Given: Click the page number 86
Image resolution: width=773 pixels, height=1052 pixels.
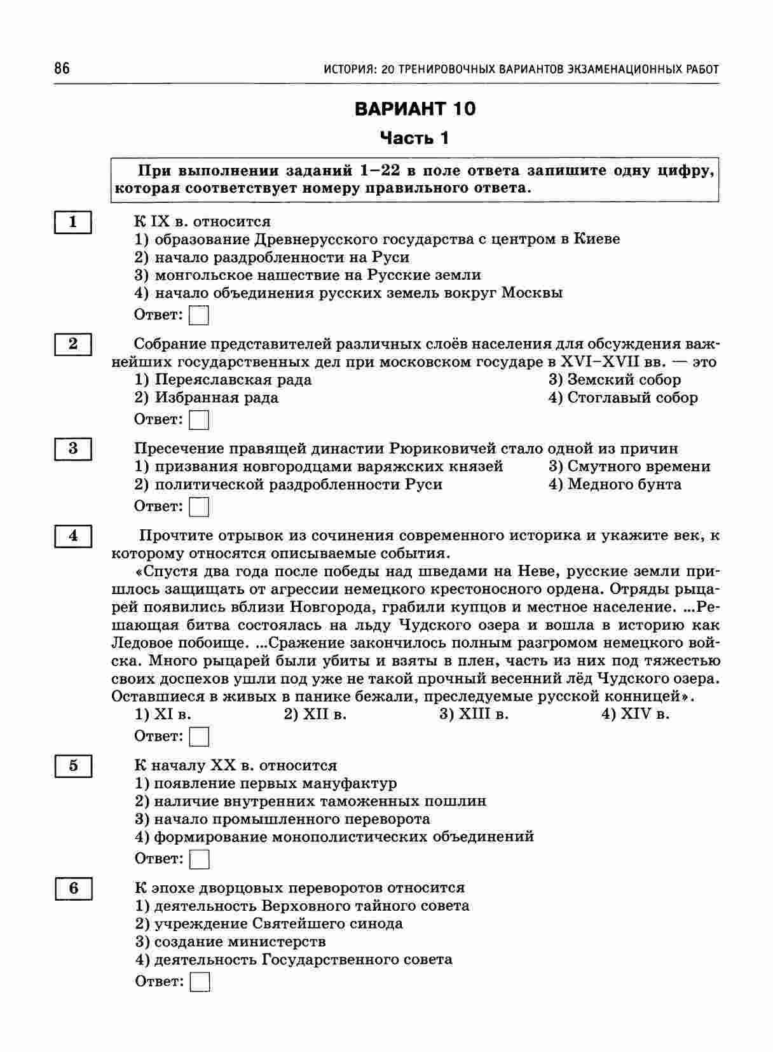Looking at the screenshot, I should [x=62, y=68].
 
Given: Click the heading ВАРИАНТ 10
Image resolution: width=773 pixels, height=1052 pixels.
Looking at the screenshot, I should [x=414, y=109].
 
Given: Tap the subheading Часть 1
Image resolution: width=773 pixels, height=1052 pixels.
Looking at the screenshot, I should [x=414, y=138].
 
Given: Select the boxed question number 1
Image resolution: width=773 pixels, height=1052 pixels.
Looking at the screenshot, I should [x=73, y=222].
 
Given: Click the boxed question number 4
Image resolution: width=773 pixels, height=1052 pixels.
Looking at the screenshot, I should [x=73, y=536].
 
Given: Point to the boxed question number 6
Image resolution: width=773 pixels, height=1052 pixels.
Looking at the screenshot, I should [x=73, y=888].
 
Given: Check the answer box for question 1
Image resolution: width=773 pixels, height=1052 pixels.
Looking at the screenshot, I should [x=200, y=315].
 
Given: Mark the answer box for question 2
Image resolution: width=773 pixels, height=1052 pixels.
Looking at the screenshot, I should [x=200, y=420].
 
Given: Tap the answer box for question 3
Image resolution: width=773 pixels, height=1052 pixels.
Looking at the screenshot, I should [x=200, y=507].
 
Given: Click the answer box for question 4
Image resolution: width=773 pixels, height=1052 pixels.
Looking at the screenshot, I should [x=200, y=737].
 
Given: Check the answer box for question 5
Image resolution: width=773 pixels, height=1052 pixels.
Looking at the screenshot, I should [x=200, y=859].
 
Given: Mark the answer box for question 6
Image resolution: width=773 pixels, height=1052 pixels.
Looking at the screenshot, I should [x=200, y=982].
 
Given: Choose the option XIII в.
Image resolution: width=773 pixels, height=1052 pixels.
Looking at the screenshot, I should [x=474, y=714].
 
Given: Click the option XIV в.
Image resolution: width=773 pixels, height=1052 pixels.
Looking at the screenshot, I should [x=636, y=714].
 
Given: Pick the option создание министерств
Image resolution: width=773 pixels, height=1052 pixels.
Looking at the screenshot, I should [x=231, y=941].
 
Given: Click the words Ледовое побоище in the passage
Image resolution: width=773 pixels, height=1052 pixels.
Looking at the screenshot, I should [x=175, y=642].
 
